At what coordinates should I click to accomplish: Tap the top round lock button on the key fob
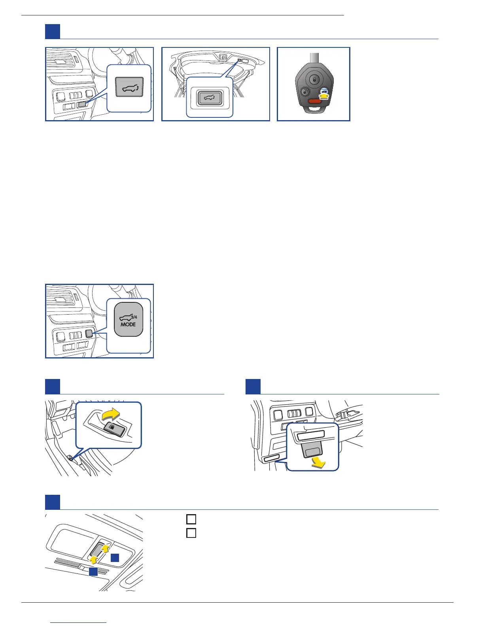coord(314,79)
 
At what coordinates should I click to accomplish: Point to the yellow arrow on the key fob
coord(324,95)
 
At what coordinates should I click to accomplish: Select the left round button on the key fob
coord(304,92)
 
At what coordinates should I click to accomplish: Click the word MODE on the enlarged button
coord(128,324)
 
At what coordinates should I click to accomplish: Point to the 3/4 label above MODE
coord(134,317)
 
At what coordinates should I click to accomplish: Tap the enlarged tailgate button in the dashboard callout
coord(129,88)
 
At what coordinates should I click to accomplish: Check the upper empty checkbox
coord(191,519)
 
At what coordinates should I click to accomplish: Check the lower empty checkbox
coord(191,533)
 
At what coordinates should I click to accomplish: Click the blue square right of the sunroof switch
coord(115,558)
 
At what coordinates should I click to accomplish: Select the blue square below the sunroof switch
coord(93,572)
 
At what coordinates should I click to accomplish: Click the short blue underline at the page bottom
coord(79,622)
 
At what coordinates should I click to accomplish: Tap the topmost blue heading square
coord(53,32)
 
